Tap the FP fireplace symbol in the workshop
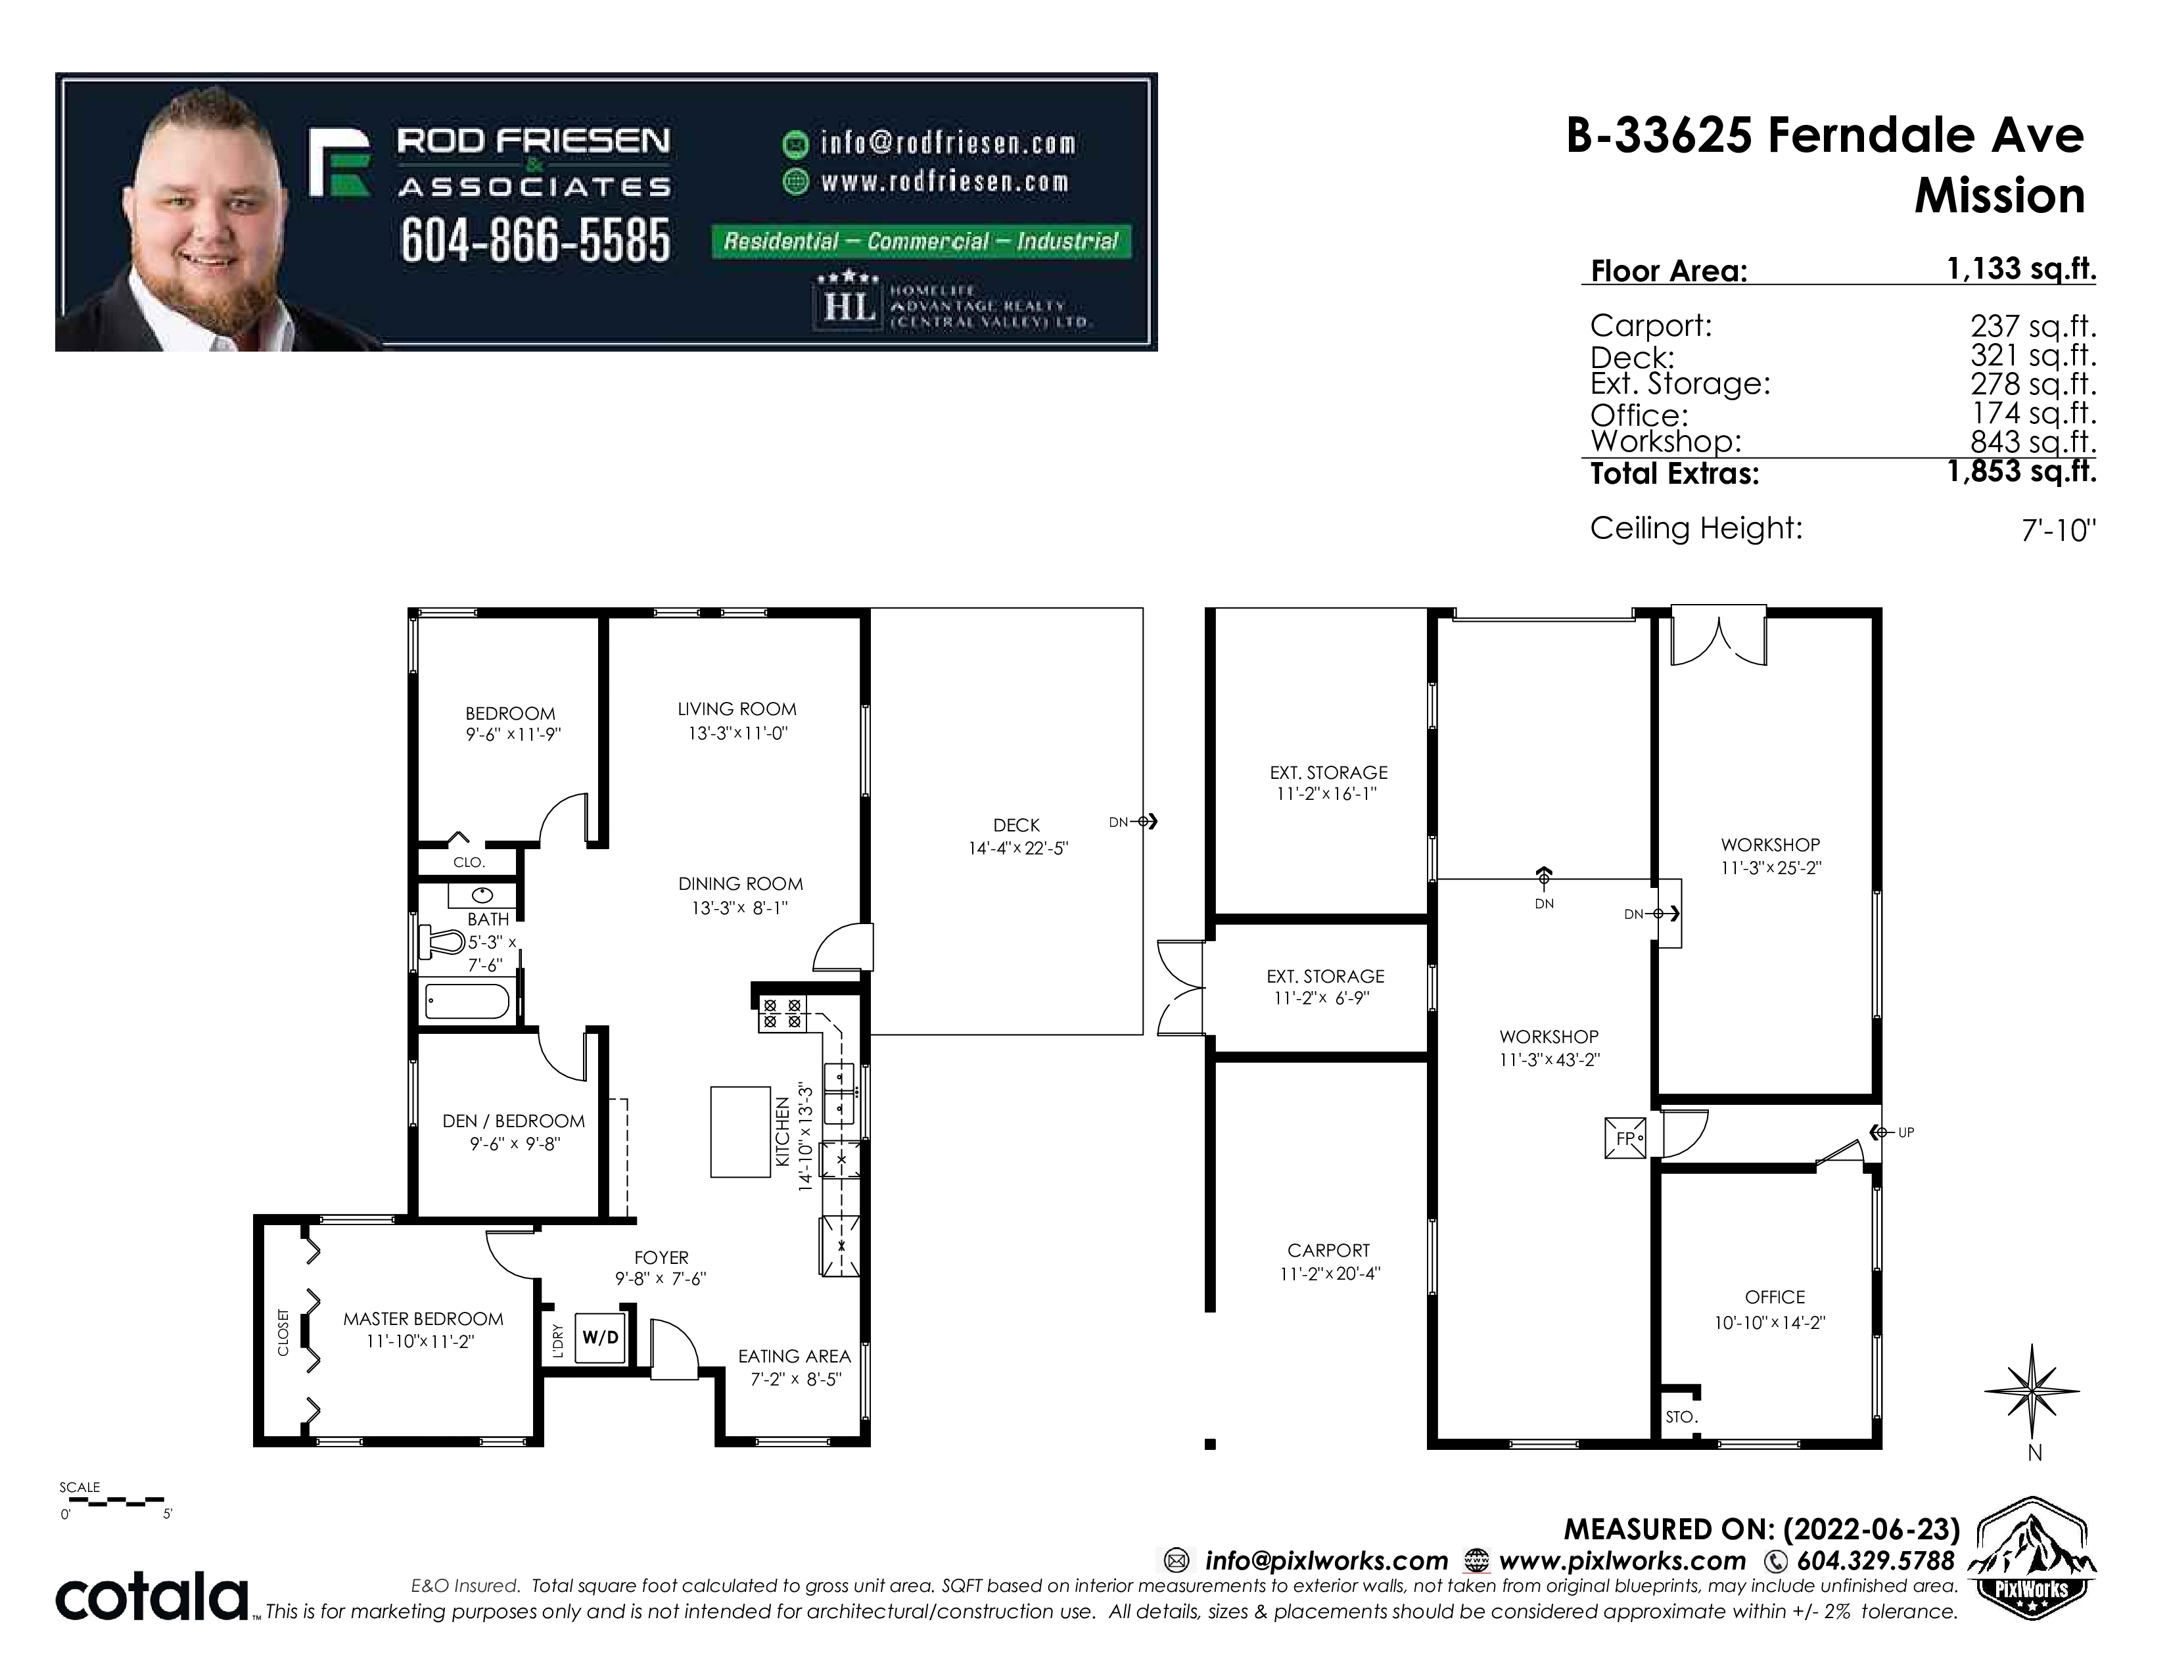coord(1625,1138)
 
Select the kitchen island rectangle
coord(741,1132)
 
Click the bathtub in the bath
coord(467,1001)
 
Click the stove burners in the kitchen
coord(783,1013)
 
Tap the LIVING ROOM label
coord(737,709)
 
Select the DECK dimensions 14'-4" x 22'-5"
coord(1018,849)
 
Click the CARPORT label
coord(1329,1250)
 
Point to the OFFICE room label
coord(1775,1297)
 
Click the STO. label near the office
coord(1681,1417)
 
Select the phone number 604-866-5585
coord(535,241)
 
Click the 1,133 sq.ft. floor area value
coord(2021,268)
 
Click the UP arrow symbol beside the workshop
coord(1878,1132)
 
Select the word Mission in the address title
coord(1999,196)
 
